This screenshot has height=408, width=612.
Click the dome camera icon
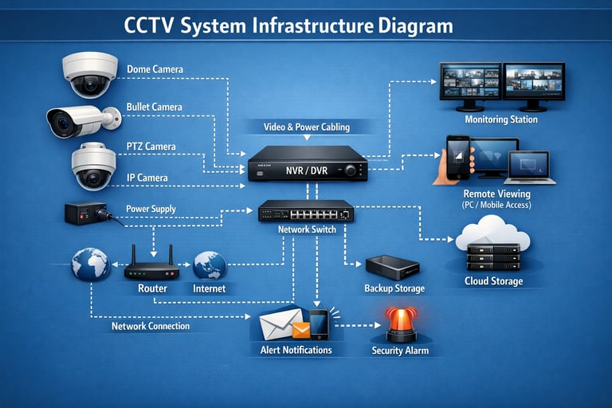point(90,73)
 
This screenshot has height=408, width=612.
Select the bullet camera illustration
point(80,120)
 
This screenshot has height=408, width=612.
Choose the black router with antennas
point(151,267)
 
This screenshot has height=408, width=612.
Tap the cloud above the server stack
point(492,232)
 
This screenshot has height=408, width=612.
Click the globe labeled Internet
point(210,265)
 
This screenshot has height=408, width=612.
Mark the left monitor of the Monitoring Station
point(470,81)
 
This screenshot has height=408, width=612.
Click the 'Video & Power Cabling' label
point(307,127)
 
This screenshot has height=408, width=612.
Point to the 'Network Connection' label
point(151,326)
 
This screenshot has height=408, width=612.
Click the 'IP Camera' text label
point(147,178)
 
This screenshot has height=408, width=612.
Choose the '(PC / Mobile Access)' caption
point(496,205)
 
